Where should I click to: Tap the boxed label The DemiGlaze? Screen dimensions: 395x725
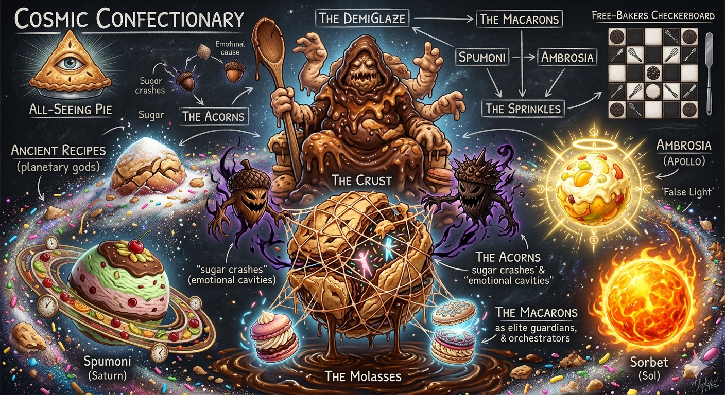click(362, 19)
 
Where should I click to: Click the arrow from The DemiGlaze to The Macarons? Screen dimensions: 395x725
click(443, 20)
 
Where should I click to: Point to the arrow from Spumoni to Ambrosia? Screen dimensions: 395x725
click(523, 57)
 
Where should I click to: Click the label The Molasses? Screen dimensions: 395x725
click(363, 376)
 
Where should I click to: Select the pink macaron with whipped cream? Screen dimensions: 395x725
click(271, 336)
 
